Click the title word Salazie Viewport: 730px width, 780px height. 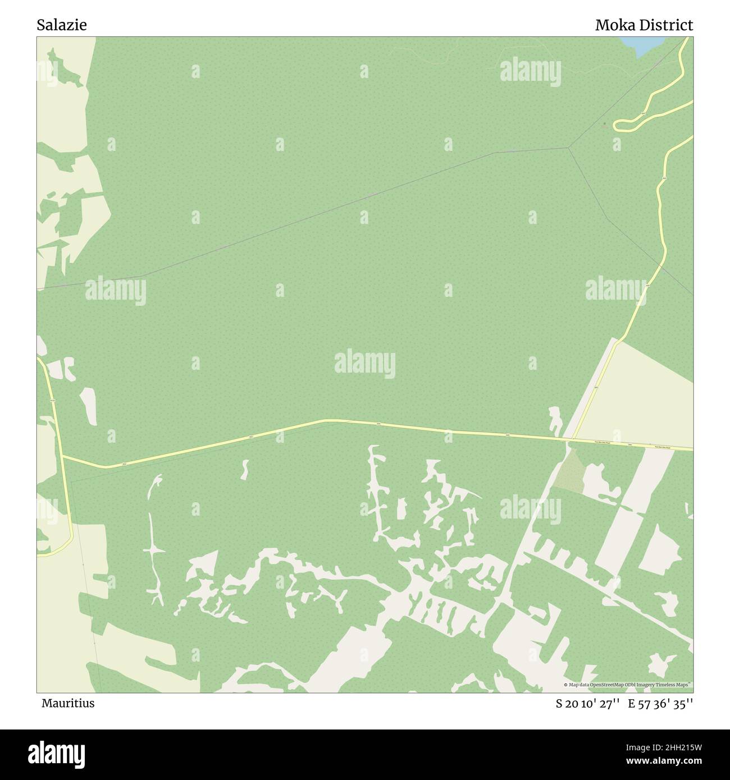(62, 25)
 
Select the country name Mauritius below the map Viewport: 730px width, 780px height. (67, 703)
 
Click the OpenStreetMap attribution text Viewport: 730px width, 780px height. (629, 685)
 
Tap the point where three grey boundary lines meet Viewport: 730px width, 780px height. (569, 148)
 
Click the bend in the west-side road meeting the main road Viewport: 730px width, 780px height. (62, 457)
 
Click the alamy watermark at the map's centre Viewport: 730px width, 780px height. (364, 363)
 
